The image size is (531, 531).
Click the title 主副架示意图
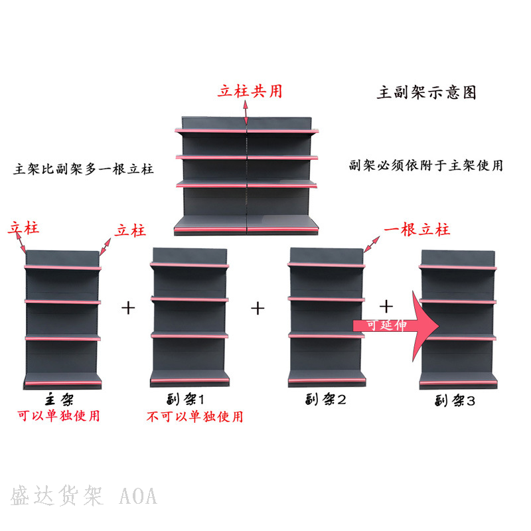427,93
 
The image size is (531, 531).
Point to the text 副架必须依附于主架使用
425,165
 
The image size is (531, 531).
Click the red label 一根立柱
417,230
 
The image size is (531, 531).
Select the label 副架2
326,400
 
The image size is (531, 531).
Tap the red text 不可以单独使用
194,416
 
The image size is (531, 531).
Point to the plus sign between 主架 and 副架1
129,308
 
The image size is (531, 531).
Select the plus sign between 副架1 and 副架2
258,308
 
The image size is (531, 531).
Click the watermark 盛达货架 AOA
84,496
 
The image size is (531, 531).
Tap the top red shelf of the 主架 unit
63,267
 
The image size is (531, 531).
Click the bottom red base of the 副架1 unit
190,381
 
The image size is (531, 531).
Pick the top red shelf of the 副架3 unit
457,267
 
